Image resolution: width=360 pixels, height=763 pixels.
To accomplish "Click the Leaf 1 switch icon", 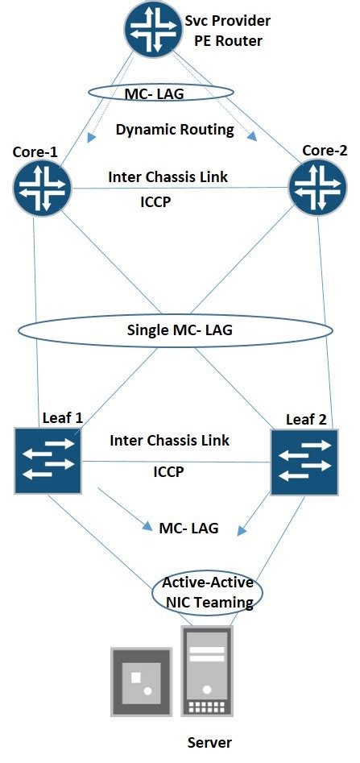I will pos(47,462).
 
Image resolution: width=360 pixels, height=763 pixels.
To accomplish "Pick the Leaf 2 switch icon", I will pos(304,462).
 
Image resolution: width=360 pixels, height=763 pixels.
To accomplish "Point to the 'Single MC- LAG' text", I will pos(175,330).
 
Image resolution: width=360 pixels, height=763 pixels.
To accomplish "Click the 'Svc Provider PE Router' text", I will pos(228,30).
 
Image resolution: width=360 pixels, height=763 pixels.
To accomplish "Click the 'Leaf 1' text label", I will pos(62,417).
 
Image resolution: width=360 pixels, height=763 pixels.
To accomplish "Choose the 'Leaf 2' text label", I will pos(307,420).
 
